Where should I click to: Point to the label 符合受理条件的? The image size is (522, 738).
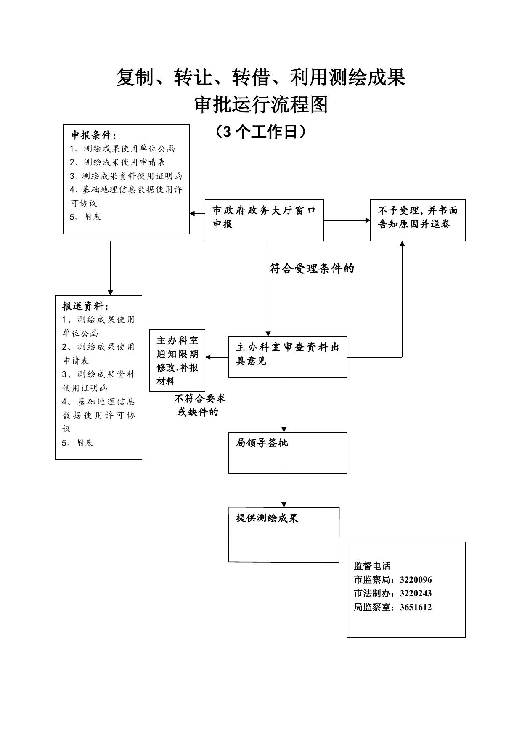(x=312, y=268)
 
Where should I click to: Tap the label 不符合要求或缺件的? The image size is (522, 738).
(x=200, y=405)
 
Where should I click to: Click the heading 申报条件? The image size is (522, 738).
(x=93, y=135)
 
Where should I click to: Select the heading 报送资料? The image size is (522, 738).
(x=86, y=306)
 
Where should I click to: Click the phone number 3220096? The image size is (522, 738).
(x=416, y=580)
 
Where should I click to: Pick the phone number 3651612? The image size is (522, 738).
(x=416, y=607)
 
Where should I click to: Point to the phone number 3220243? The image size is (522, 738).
(x=416, y=593)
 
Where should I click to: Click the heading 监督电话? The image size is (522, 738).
(x=372, y=566)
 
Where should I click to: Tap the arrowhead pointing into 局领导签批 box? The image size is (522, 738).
(x=284, y=429)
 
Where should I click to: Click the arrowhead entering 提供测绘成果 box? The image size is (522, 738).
(x=284, y=504)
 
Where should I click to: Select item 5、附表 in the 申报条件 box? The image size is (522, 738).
(x=85, y=217)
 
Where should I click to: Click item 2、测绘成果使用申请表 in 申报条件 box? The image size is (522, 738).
(x=118, y=162)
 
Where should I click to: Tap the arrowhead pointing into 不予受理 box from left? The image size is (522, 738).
(x=367, y=220)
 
